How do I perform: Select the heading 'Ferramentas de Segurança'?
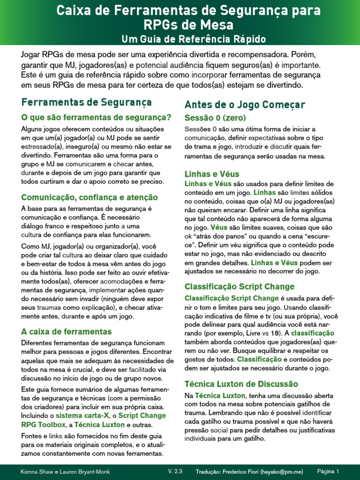tap(87, 102)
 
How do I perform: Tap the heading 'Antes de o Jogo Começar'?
tap(245, 104)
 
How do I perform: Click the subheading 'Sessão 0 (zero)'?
tap(215, 117)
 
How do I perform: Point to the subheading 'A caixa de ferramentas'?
tap(67, 331)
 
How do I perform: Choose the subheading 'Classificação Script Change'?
tap(240, 286)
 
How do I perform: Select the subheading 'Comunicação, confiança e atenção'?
tap(90, 197)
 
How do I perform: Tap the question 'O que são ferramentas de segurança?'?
tap(96, 117)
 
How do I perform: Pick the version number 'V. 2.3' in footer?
tap(174, 471)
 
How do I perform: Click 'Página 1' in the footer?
tap(328, 471)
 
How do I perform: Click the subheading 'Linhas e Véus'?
tap(212, 174)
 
